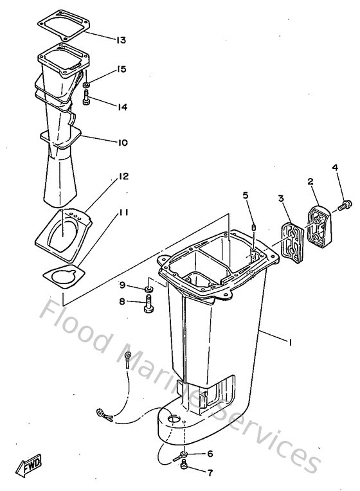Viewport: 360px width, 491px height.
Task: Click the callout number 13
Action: pos(121,40)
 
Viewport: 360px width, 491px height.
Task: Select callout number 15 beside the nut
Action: pos(121,69)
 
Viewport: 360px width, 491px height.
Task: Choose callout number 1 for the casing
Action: pos(291,343)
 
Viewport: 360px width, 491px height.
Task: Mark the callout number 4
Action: pos(334,169)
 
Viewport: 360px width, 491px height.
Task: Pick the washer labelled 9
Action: pos(147,285)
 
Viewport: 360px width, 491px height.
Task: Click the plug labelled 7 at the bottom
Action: pos(185,474)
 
